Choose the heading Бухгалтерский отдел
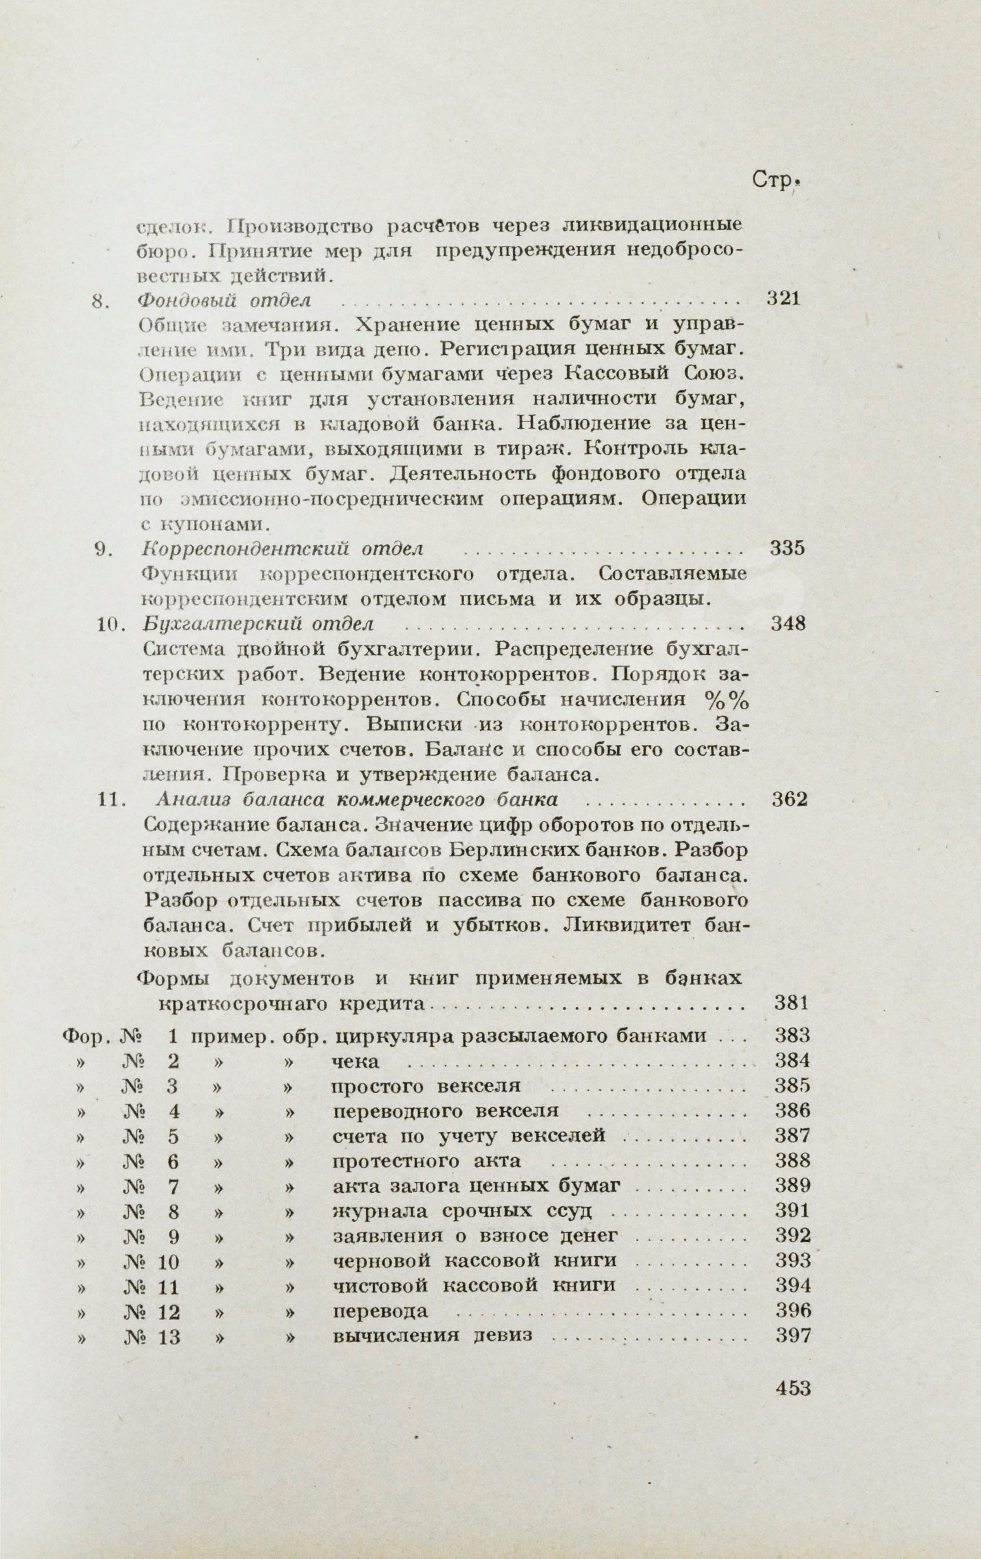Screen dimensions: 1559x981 257,624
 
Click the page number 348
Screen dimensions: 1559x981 789,624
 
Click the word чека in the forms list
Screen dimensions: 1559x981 355,1062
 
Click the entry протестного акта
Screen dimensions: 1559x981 427,1161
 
